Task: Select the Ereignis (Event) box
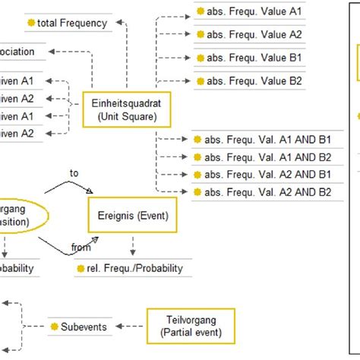(128, 216)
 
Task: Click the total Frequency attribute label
(73, 23)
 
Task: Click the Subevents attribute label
(84, 327)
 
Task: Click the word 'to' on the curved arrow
(74, 172)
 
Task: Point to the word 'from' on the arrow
(81, 247)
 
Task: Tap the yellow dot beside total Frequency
(30, 23)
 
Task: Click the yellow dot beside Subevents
(54, 327)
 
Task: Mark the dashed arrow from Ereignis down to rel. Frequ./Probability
(134, 246)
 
